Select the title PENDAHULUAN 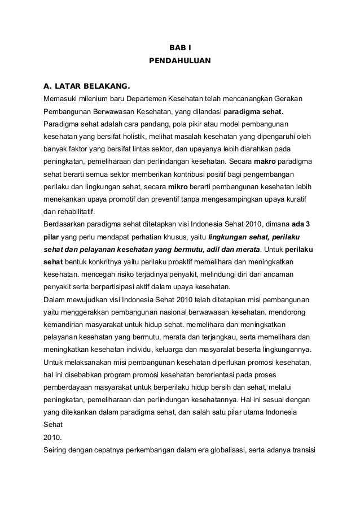(x=179, y=59)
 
